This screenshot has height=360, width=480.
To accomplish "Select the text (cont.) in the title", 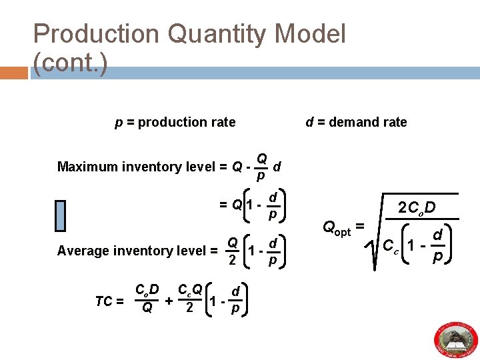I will click(71, 63).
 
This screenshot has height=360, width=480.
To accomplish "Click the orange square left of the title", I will click(15, 73).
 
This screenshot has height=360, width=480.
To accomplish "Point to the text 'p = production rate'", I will click(174, 122).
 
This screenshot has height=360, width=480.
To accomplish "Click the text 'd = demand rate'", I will click(356, 122).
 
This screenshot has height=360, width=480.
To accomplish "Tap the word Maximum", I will click(87, 167).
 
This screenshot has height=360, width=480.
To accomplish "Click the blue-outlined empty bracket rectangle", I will click(60, 215).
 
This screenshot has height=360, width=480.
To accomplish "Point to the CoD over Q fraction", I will click(147, 299).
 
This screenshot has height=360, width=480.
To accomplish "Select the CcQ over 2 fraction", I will click(190, 299).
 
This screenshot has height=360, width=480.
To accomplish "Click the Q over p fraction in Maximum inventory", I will click(261, 167).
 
